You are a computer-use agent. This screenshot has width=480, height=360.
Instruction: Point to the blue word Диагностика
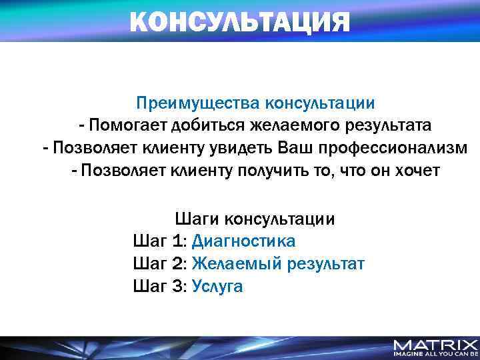coord(243,241)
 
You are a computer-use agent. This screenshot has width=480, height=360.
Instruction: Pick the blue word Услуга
coord(217,287)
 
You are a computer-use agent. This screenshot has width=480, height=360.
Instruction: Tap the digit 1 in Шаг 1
coord(177,241)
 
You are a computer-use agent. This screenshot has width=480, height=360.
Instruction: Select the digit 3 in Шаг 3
coord(177,287)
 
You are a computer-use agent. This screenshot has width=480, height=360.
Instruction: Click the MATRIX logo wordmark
coord(435,345)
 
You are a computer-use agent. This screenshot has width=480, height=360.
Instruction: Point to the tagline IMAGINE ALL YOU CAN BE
coord(435,355)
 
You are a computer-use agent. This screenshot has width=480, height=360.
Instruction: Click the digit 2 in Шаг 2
coord(177,264)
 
